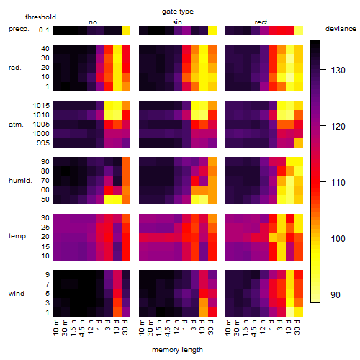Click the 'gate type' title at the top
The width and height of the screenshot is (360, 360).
point(178,12)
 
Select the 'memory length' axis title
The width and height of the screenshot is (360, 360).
point(177,350)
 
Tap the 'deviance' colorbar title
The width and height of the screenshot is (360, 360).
point(341,29)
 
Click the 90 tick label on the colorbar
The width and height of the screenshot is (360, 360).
point(335,294)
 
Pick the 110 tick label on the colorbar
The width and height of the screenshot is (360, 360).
point(338,183)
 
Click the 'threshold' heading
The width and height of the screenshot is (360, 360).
point(40,17)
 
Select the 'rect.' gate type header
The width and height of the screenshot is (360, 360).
point(261,22)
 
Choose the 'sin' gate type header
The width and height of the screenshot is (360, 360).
point(177,22)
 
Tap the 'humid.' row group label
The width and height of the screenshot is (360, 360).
point(20,181)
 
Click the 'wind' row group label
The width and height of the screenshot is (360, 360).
point(17,294)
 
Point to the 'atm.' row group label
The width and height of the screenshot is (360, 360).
point(16,125)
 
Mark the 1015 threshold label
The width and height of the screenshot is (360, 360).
point(41,106)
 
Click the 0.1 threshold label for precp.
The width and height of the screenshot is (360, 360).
point(44,30)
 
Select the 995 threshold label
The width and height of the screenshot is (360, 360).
point(43,143)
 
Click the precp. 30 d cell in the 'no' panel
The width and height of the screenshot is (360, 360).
point(126,30)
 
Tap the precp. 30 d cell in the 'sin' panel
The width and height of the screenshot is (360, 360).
point(212,30)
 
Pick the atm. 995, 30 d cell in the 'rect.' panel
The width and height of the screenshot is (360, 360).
point(299,143)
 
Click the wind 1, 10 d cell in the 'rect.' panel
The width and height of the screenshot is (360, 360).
point(290,312)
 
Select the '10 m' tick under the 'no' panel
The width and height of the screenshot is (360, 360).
point(56,327)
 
